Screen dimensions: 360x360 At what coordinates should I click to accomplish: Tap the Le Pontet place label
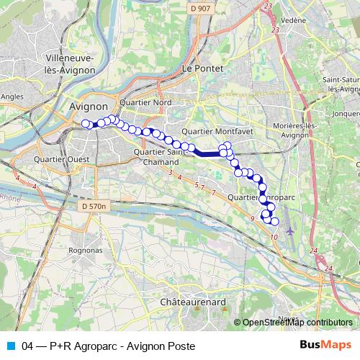pyautogui.click(x=203, y=68)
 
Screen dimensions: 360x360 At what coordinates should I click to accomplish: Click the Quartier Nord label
pyautogui.click(x=146, y=102)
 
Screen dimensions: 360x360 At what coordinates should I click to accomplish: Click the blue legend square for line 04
pyautogui.click(x=10, y=346)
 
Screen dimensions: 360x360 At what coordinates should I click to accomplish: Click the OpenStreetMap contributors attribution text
pyautogui.click(x=297, y=323)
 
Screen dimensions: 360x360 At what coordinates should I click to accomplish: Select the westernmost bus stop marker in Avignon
pyautogui.click(x=85, y=123)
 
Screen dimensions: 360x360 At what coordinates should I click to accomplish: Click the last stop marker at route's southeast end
pyautogui.click(x=274, y=220)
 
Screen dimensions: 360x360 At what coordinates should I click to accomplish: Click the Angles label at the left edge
pyautogui.click(x=12, y=95)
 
